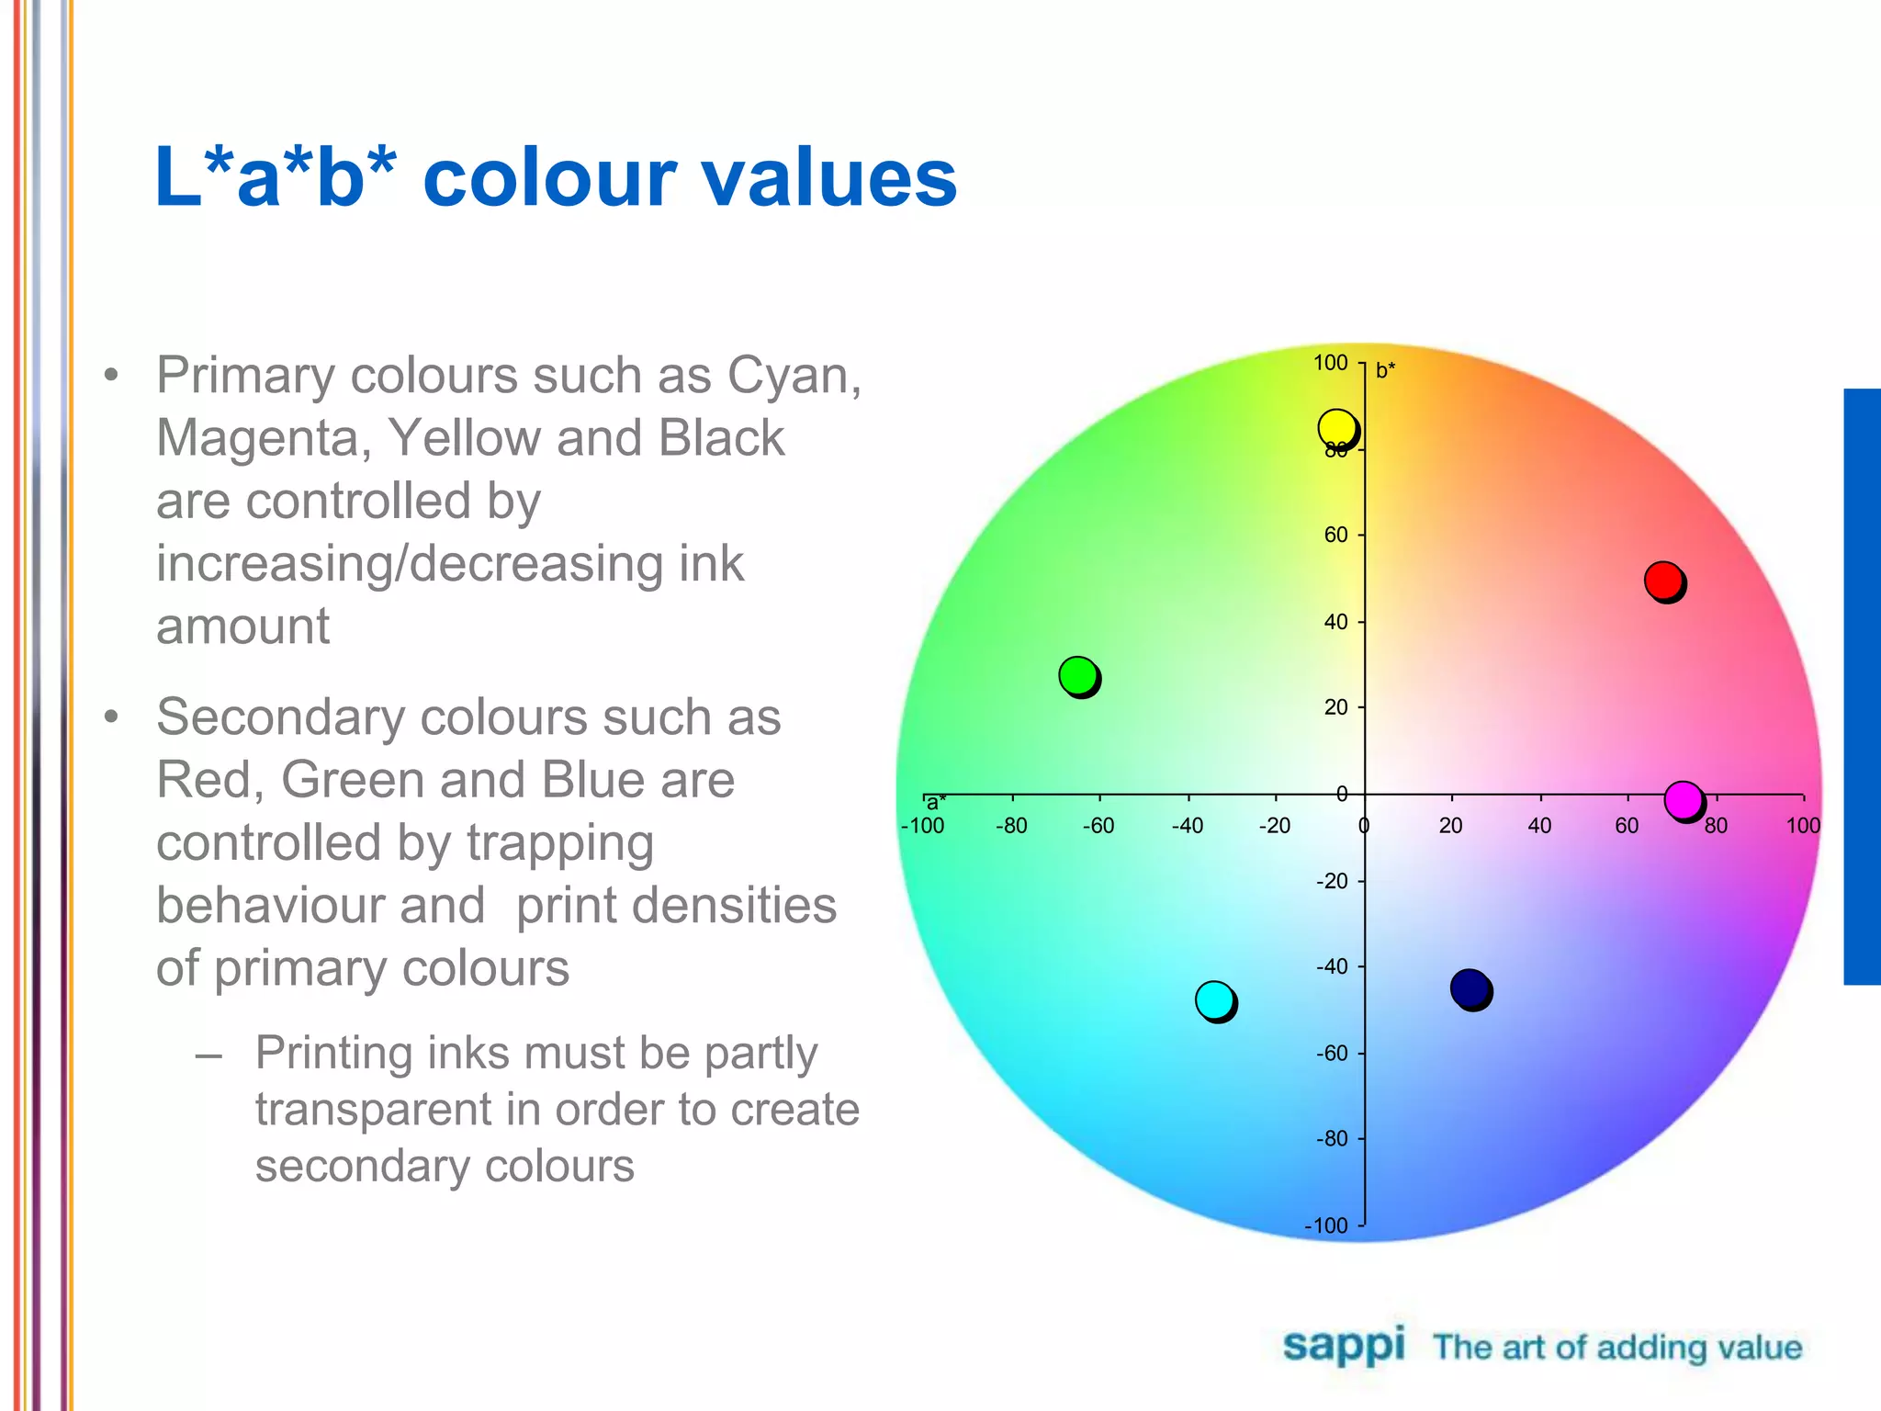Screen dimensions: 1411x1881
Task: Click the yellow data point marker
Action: pyautogui.click(x=1336, y=428)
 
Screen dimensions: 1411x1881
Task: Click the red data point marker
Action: pyautogui.click(x=1663, y=581)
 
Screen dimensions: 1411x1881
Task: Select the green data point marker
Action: pyautogui.click(x=1078, y=675)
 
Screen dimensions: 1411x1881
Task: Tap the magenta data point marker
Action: pyautogui.click(x=1683, y=800)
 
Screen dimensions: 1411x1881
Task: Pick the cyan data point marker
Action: pyautogui.click(x=1215, y=999)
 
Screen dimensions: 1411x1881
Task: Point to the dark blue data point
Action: pyautogui.click(x=1470, y=988)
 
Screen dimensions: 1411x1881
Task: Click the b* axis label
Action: pyautogui.click(x=1385, y=370)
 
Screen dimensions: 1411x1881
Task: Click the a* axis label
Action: pyautogui.click(x=936, y=803)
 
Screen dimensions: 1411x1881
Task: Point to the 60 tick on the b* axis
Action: pyautogui.click(x=1335, y=535)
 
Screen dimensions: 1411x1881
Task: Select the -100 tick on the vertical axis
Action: pyautogui.click(x=1326, y=1225)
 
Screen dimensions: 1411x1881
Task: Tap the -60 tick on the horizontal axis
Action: pyautogui.click(x=1098, y=826)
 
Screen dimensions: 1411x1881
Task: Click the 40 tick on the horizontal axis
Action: pyautogui.click(x=1539, y=826)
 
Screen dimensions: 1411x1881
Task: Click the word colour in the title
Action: pyautogui.click(x=549, y=178)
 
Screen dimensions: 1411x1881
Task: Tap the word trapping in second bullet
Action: pyautogui.click(x=560, y=843)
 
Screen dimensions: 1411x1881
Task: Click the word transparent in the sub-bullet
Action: pyautogui.click(x=371, y=1110)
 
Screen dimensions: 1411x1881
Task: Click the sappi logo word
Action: pyautogui.click(x=1344, y=1347)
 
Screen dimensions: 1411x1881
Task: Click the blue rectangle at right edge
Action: pyautogui.click(x=1862, y=686)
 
